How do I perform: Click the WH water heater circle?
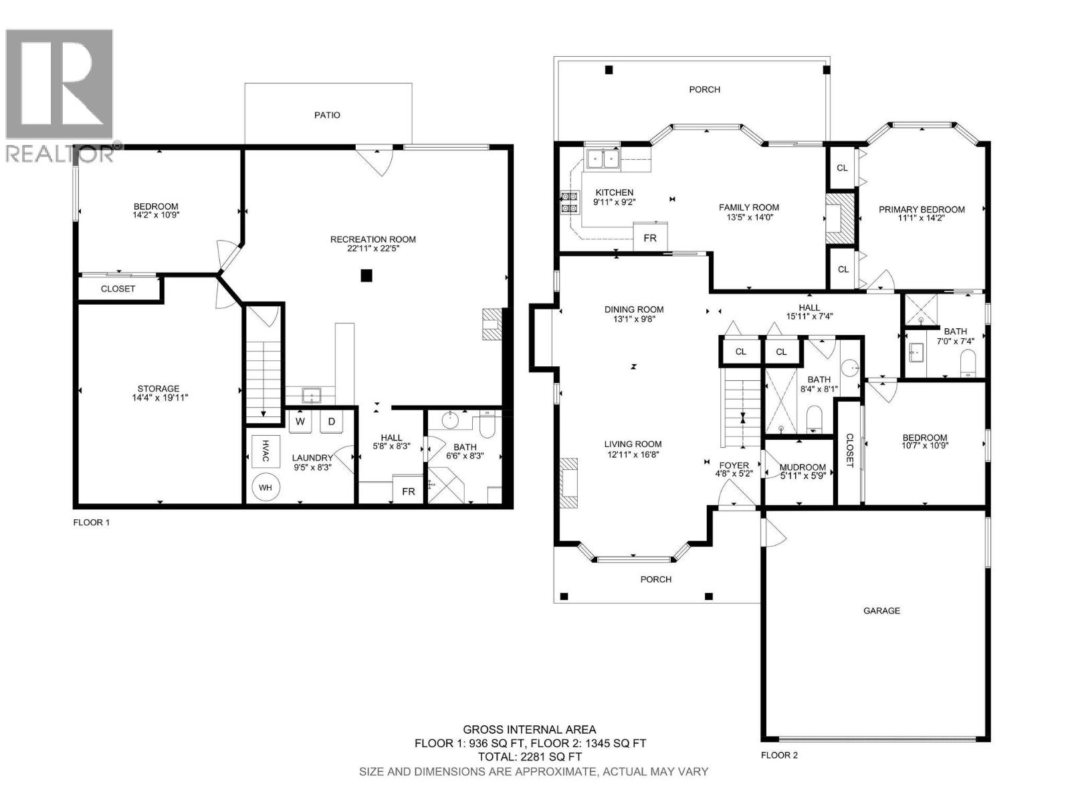coord(265,487)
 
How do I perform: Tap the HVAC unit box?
coord(265,450)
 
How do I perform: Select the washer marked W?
coord(301,421)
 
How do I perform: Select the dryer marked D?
coord(331,421)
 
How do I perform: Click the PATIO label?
coord(327,115)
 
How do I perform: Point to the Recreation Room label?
coord(372,239)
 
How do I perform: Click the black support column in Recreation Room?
coord(366,275)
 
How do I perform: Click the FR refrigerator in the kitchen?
coord(649,238)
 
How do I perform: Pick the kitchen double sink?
coord(602,158)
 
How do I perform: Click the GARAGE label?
coord(881,610)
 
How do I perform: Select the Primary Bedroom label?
coord(922,209)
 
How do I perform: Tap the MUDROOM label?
coord(802,467)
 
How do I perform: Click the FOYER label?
coord(734,465)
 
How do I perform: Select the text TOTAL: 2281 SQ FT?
coord(530,757)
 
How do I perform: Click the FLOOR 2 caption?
coord(779,755)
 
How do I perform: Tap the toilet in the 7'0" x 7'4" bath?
coord(968,364)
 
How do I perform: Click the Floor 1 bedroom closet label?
coord(118,289)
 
